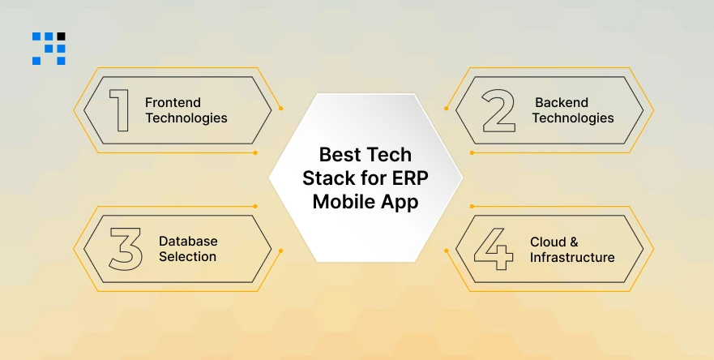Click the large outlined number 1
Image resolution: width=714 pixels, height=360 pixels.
[x=119, y=110]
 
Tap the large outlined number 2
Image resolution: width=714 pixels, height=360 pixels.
[x=498, y=110]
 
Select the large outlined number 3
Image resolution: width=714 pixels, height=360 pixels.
[x=125, y=249]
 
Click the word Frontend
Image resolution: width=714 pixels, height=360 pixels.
[x=173, y=103]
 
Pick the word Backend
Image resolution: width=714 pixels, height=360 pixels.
[x=561, y=103]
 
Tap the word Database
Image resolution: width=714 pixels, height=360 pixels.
[x=188, y=242]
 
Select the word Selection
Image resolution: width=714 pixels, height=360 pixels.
[x=187, y=257]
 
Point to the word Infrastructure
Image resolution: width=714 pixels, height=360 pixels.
[x=572, y=257]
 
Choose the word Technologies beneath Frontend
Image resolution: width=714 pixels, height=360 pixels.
[x=186, y=118]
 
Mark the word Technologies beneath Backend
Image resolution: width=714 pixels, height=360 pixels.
[x=573, y=118]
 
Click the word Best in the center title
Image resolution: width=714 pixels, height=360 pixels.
[x=340, y=155]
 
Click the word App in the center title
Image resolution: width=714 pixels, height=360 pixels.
[x=400, y=203]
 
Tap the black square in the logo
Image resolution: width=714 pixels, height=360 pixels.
[x=62, y=36]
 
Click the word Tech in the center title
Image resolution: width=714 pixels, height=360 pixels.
[x=389, y=155]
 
